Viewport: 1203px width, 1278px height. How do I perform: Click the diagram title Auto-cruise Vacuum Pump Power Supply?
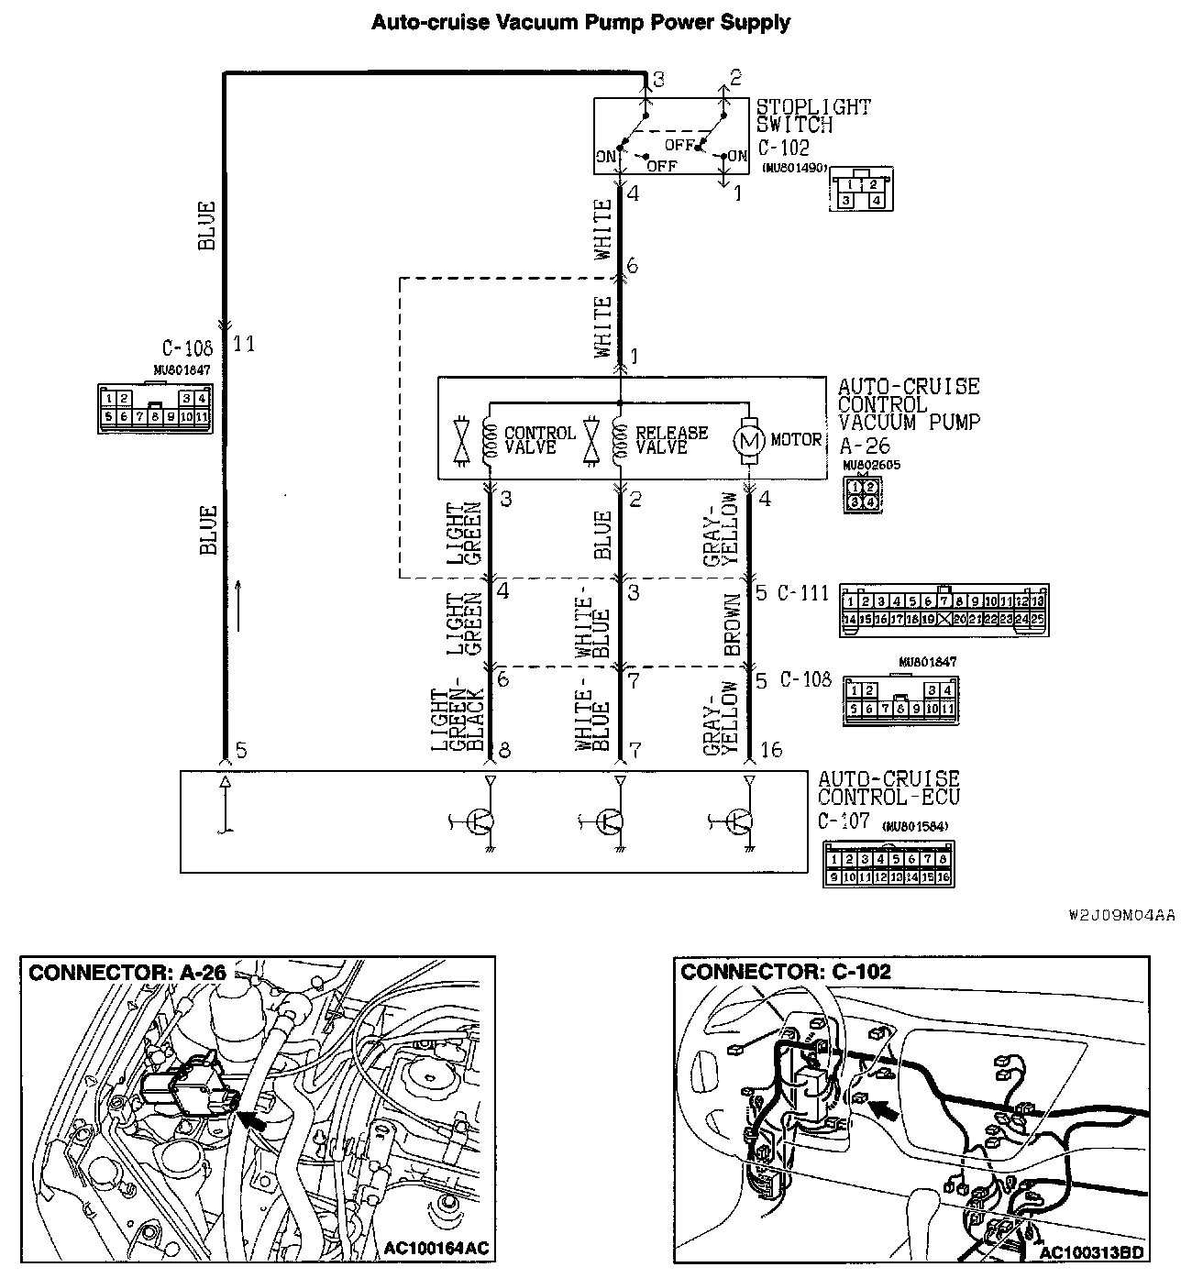point(580,22)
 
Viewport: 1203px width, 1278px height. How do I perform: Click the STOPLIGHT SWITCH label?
point(812,116)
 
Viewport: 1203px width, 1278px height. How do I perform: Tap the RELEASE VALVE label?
point(671,439)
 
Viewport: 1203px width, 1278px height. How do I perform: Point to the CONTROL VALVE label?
point(540,439)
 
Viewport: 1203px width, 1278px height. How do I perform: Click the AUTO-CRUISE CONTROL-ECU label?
point(888,788)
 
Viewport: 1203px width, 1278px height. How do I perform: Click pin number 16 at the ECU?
point(771,751)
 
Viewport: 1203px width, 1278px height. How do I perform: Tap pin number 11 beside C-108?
point(244,345)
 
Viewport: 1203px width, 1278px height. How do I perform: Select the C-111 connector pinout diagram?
point(944,611)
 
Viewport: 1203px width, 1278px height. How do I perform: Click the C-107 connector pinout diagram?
point(888,864)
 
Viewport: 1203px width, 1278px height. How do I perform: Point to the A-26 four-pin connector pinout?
point(861,494)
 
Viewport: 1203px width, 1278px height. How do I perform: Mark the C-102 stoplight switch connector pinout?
point(860,191)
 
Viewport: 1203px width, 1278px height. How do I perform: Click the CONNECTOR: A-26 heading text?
point(127,973)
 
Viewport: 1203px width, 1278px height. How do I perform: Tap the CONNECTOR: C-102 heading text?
point(786,972)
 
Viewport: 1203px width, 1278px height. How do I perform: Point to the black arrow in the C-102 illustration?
point(884,1110)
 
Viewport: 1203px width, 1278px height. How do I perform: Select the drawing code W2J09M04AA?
point(1121,915)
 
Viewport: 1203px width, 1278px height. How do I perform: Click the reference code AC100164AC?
point(436,1248)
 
